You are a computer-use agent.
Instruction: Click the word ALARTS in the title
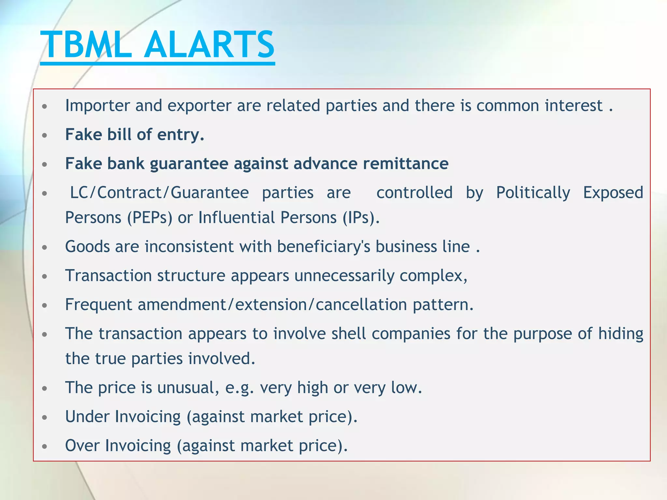[x=209, y=45]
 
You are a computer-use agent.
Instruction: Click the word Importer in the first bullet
[x=97, y=106]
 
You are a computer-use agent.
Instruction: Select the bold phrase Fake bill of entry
[x=135, y=134]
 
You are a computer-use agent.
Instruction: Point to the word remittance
[x=405, y=163]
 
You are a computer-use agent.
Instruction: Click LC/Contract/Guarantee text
[x=160, y=193]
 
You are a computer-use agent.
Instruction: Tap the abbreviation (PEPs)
[x=149, y=217]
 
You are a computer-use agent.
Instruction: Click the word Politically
[x=533, y=193]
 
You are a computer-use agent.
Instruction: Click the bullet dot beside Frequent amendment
[x=45, y=305]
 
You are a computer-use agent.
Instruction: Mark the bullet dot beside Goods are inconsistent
[x=45, y=247]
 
